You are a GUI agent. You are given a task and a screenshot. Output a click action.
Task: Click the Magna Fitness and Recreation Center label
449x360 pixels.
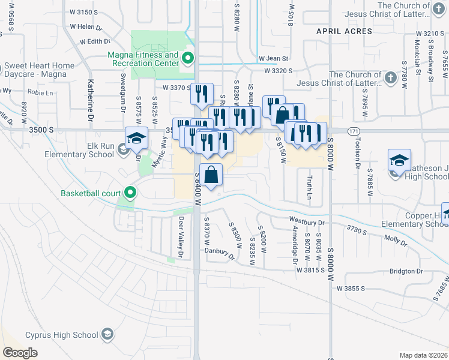coord(143,59)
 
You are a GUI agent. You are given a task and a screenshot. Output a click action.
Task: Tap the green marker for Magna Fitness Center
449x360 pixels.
coord(188,59)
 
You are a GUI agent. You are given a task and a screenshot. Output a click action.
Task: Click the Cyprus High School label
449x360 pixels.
coord(62,334)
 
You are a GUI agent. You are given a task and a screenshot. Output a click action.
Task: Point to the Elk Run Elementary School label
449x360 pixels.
coord(79,149)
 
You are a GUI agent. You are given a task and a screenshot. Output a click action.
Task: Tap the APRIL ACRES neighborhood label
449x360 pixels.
coord(345,31)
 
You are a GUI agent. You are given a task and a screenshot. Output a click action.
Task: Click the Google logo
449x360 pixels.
coord(20,353)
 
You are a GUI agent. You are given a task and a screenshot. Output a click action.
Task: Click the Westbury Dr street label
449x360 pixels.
coord(306,221)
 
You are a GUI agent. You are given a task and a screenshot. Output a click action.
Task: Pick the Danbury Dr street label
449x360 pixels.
coord(218,254)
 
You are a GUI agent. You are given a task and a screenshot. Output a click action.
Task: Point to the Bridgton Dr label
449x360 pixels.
coord(406,271)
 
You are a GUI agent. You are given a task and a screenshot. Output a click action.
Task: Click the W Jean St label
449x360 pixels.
coord(274,59)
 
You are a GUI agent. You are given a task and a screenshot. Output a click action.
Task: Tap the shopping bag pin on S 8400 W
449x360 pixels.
coord(211,176)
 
